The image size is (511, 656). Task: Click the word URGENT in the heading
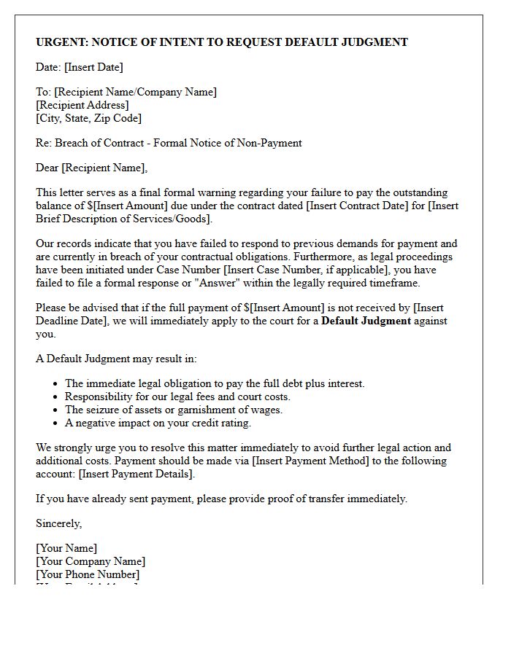(61, 42)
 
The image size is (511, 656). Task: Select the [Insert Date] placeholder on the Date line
(93, 67)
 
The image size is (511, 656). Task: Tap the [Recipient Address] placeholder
(82, 105)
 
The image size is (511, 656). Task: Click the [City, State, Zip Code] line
(88, 118)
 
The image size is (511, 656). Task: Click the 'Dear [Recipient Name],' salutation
(91, 168)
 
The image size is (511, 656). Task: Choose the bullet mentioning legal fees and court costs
(177, 397)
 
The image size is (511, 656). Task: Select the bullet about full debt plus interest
(215, 383)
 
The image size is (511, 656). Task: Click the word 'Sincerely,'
(59, 523)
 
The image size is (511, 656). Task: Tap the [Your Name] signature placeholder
(66, 548)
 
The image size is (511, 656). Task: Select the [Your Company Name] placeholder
(91, 561)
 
